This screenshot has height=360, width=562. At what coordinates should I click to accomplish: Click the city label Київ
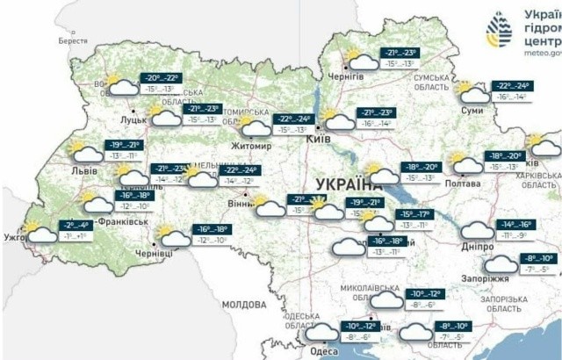[x=318, y=140]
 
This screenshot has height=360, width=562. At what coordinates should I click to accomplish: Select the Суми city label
[x=474, y=111]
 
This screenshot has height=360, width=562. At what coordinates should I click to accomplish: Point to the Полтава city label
[x=464, y=184]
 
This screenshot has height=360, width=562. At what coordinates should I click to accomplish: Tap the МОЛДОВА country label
[x=243, y=304]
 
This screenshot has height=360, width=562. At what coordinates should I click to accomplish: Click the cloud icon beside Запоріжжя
[x=501, y=263]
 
